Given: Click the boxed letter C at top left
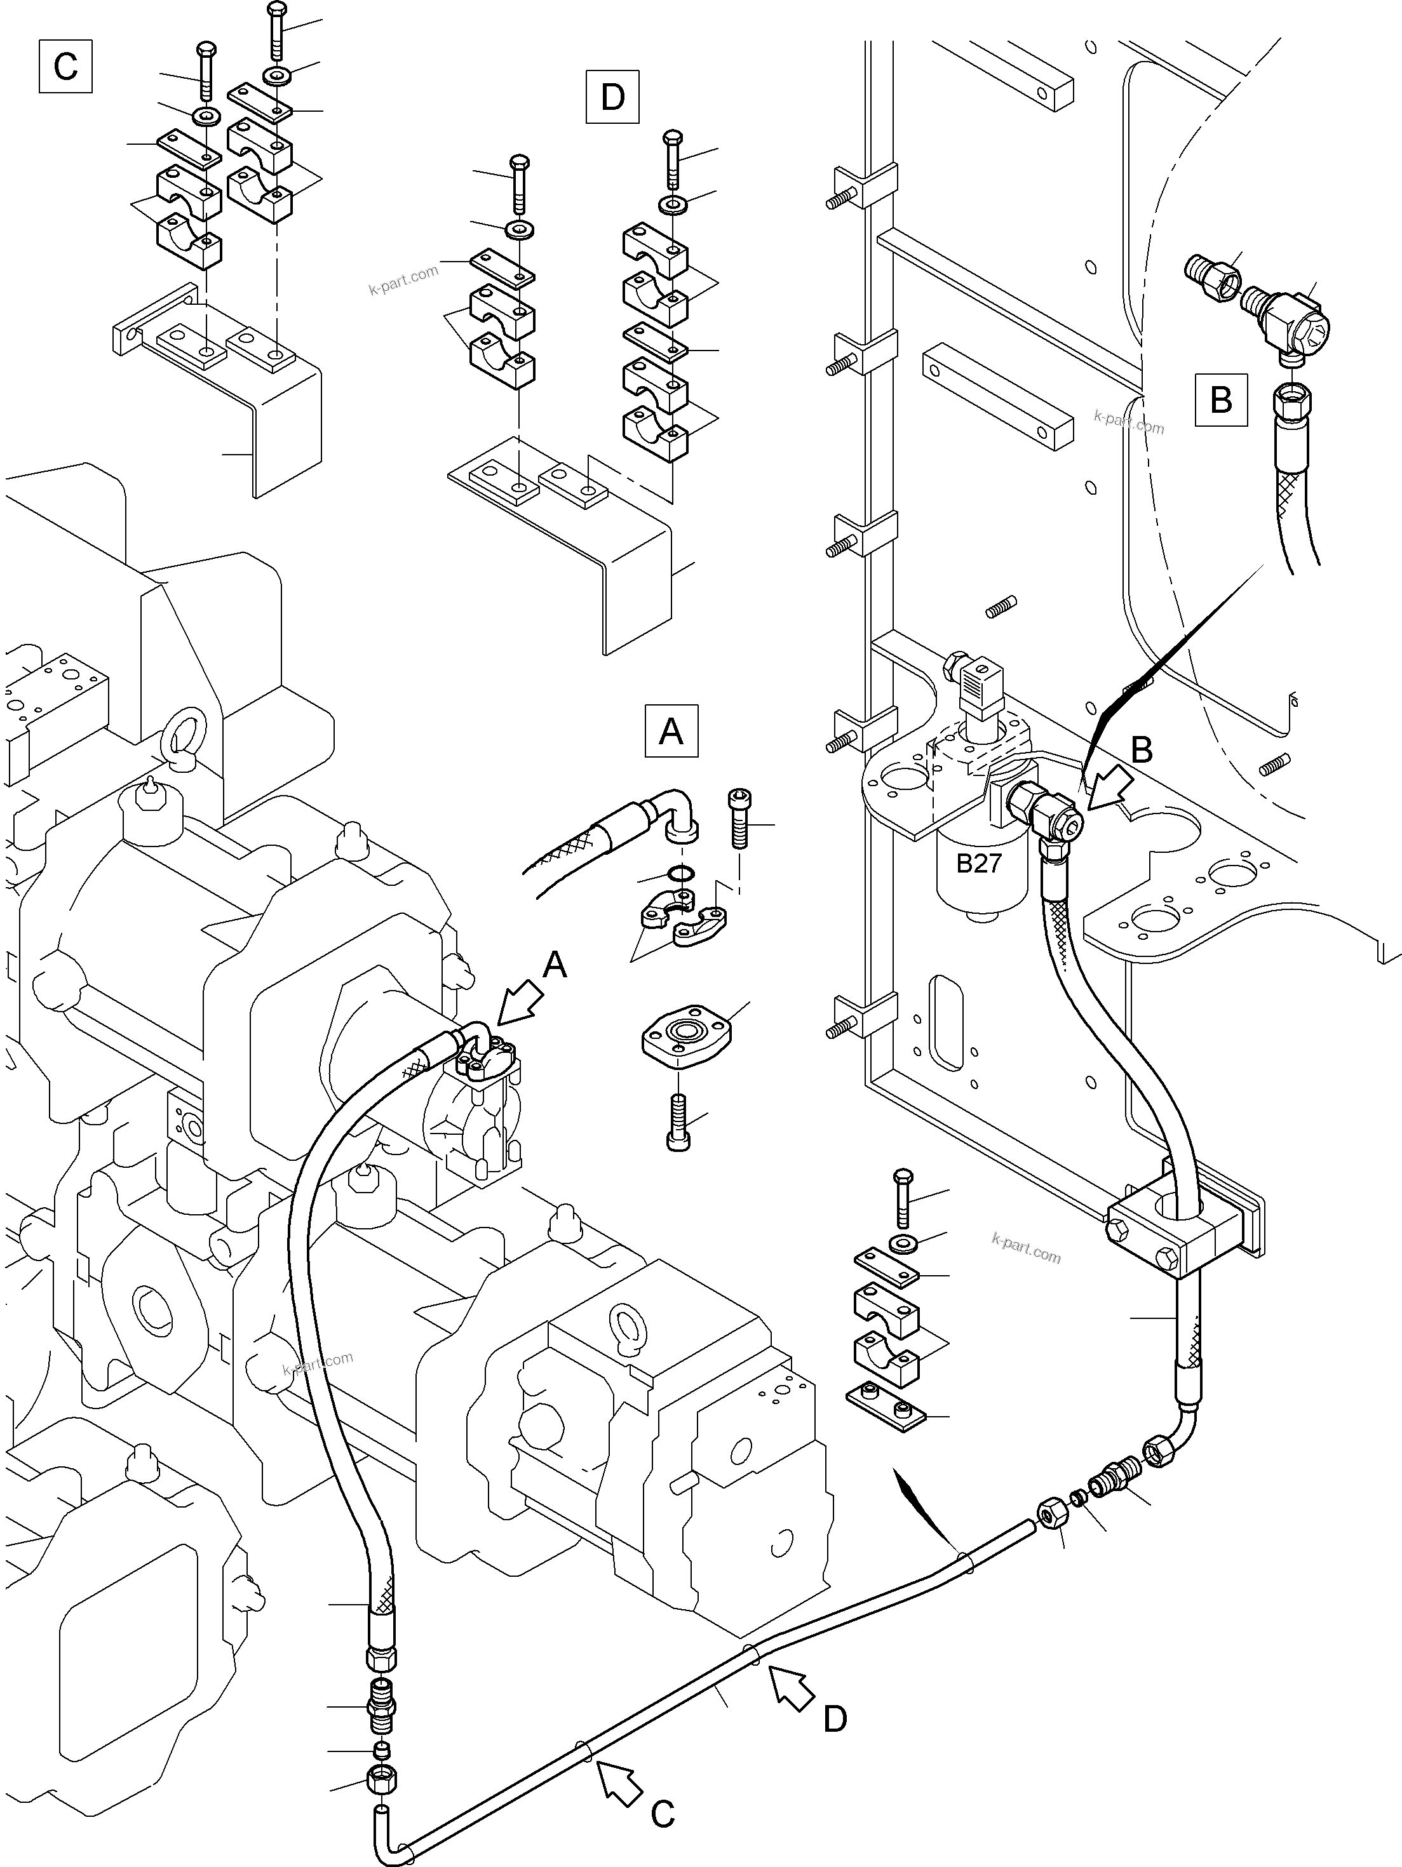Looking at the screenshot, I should [65, 67].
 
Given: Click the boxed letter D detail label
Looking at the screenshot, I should [612, 97].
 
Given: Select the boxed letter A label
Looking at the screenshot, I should [671, 730].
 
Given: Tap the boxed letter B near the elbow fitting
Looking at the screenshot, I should [1220, 399].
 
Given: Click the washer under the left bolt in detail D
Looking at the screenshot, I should [518, 230].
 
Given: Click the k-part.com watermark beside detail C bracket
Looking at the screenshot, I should [403, 279].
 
